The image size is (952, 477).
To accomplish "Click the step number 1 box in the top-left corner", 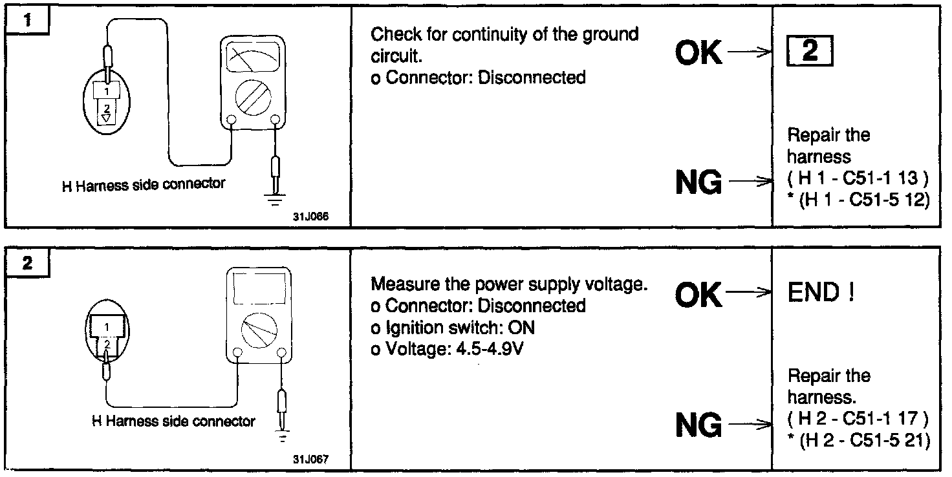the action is click(27, 21).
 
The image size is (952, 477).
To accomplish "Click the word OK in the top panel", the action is click(698, 53).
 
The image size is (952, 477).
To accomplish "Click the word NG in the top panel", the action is click(698, 184).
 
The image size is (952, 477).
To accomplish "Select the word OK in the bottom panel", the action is click(698, 295).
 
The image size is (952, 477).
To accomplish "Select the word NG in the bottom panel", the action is click(698, 425).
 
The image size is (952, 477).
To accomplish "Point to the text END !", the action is click(821, 293).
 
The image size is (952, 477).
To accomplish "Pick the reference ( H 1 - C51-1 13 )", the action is click(858, 178).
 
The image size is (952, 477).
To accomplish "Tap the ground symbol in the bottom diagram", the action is click(281, 437).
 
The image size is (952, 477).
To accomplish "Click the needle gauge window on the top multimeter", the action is click(254, 59).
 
